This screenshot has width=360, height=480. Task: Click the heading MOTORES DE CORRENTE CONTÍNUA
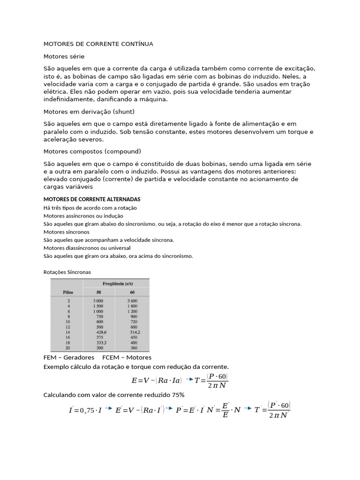coord(98,44)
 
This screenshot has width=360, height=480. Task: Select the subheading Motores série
coord(64,56)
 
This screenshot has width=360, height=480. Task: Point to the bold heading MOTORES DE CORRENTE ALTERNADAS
coord(92,199)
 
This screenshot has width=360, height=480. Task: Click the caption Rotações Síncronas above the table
coord(67,272)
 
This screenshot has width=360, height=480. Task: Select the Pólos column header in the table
coord(68,292)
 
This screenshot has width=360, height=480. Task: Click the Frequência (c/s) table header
coord(116,284)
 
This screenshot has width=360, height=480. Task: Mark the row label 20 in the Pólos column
coord(68,349)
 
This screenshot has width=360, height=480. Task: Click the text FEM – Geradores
coord(69,358)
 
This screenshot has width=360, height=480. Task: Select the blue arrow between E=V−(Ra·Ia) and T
coord(189,379)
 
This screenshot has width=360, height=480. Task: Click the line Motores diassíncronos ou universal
coord(87,248)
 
